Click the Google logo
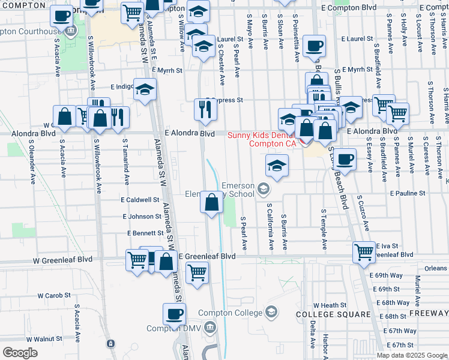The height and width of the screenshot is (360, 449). [20, 352]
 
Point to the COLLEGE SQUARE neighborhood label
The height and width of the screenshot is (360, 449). [333, 314]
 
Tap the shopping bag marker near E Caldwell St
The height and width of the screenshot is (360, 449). [211, 202]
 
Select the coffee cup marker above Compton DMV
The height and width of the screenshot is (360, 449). [174, 313]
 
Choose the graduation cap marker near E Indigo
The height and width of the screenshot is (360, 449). [144, 89]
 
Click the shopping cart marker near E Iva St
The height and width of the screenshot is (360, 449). [364, 252]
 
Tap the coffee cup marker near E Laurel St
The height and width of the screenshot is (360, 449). [314, 46]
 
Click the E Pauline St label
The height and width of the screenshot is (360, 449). [408, 194]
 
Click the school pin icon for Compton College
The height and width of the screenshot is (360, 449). [271, 312]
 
